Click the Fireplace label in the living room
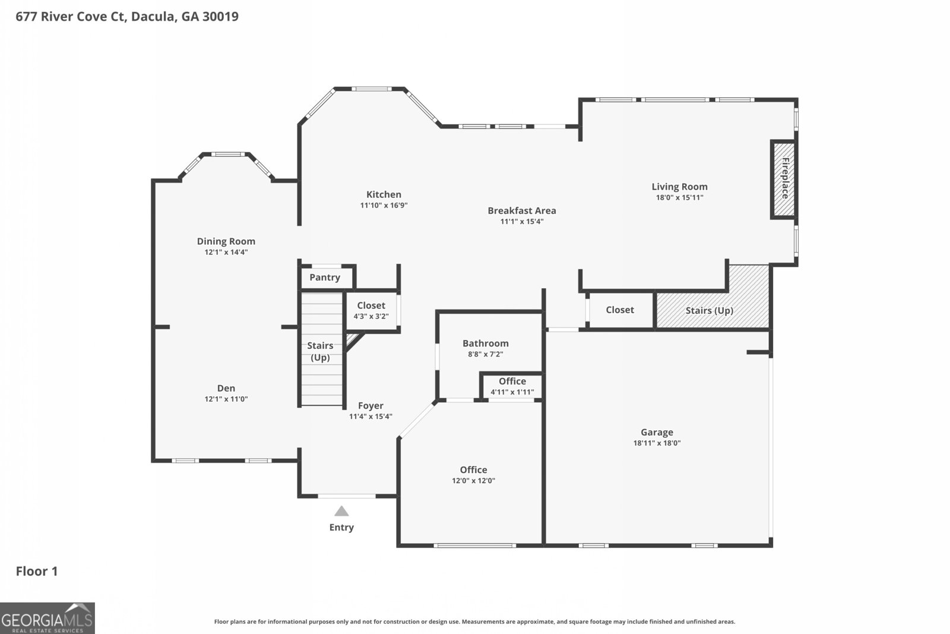pyautogui.click(x=785, y=178)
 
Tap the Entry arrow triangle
pyautogui.click(x=341, y=511)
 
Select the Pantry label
pyautogui.click(x=325, y=277)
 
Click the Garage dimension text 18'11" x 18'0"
pyautogui.click(x=657, y=443)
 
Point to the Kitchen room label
pyautogui.click(x=384, y=194)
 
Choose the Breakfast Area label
pyautogui.click(x=522, y=210)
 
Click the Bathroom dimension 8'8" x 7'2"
pyautogui.click(x=486, y=354)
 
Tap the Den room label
pyautogui.click(x=226, y=388)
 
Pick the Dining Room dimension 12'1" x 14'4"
pyautogui.click(x=226, y=252)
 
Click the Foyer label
pyautogui.click(x=370, y=406)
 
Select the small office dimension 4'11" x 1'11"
pyautogui.click(x=512, y=392)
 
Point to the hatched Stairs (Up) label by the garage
pyautogui.click(x=710, y=311)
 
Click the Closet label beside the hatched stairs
pyautogui.click(x=620, y=310)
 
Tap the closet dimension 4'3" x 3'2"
pyautogui.click(x=371, y=316)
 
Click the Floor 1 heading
pyautogui.click(x=37, y=571)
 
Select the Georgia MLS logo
pyautogui.click(x=47, y=619)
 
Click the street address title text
pyautogui.click(x=127, y=17)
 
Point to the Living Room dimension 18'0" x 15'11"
pyautogui.click(x=679, y=197)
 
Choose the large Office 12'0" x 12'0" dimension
pyautogui.click(x=473, y=481)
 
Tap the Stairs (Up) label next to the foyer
pyautogui.click(x=320, y=351)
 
